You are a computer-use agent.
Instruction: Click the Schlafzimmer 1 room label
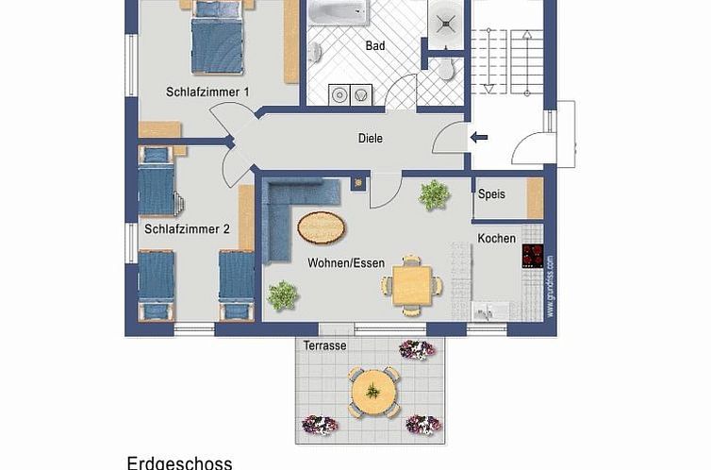point(207,92)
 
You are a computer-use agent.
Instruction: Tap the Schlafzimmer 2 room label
point(187,228)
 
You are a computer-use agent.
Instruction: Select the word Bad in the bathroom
point(375,45)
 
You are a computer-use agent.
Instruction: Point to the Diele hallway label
point(371,139)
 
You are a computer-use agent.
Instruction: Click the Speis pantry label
point(491,194)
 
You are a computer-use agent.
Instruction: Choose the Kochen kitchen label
point(496,238)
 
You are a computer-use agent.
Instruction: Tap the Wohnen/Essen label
point(345,262)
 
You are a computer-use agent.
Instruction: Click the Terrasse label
point(324,346)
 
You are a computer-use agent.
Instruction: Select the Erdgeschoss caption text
point(179,462)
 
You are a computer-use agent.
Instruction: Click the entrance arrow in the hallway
point(479,139)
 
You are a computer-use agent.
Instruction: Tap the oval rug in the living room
point(321,227)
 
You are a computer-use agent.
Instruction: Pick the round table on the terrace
point(373,391)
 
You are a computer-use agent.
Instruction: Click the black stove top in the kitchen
point(533,257)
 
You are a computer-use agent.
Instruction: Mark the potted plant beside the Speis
point(434,195)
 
